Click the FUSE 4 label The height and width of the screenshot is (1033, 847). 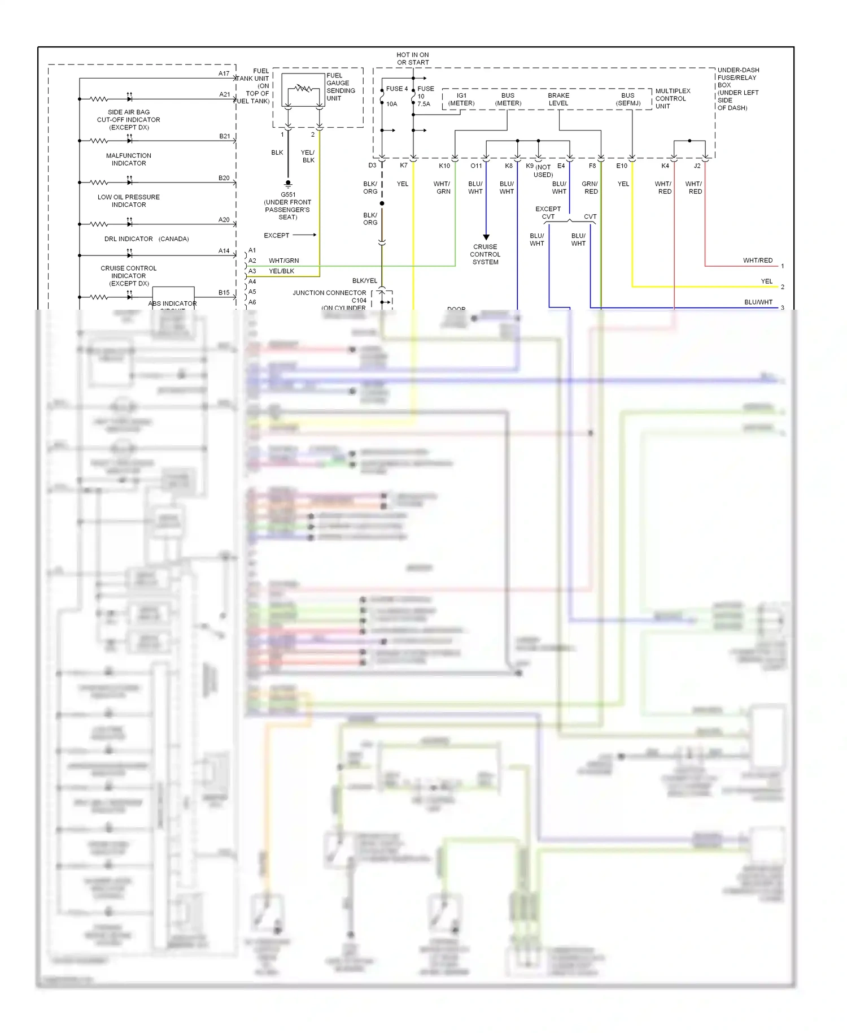click(396, 89)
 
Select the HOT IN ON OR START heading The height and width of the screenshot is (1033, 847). click(413, 59)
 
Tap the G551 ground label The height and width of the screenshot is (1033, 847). click(288, 194)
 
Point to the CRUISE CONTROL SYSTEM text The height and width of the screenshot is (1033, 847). click(485, 254)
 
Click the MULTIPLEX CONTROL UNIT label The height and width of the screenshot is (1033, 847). click(672, 98)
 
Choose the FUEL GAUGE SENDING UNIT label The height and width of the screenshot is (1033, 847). click(340, 86)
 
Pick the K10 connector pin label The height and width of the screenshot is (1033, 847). click(444, 166)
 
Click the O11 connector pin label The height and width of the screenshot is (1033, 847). click(476, 166)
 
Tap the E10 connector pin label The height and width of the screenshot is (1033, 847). click(621, 166)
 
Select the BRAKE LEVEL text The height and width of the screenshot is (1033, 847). click(558, 99)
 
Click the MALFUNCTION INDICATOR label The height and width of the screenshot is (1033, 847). click(129, 159)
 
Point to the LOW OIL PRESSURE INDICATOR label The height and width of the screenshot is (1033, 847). click(129, 201)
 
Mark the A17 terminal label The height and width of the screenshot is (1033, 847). click(224, 73)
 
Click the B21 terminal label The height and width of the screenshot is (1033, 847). click(225, 136)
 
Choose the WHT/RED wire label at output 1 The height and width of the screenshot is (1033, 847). click(757, 261)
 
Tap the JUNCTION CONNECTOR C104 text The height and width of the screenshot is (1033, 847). click(329, 296)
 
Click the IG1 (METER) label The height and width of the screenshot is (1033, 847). click(461, 99)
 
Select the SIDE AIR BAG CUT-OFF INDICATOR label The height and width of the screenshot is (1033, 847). click(129, 120)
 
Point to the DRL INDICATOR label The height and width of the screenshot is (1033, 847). click(129, 238)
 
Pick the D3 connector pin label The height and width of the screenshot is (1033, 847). click(372, 166)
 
